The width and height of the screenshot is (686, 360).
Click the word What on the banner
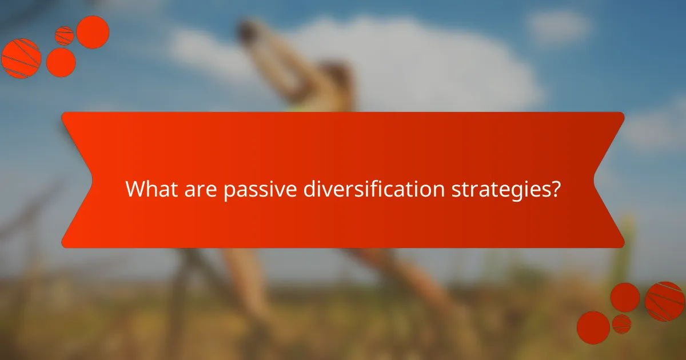coord(147,189)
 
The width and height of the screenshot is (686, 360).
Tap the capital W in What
coord(134,189)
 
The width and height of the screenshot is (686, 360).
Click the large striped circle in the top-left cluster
coord(21,58)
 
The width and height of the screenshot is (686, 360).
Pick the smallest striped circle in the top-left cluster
coord(64,35)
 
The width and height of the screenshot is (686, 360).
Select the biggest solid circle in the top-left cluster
coord(93,32)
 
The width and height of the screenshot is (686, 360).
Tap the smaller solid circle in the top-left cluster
coord(61,62)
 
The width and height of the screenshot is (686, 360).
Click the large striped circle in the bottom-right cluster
coord(664,301)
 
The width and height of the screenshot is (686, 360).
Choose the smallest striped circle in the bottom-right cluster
coord(621,323)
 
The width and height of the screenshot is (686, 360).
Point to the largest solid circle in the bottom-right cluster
coord(593,327)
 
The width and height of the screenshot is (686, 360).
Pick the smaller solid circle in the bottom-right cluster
coord(625,297)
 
